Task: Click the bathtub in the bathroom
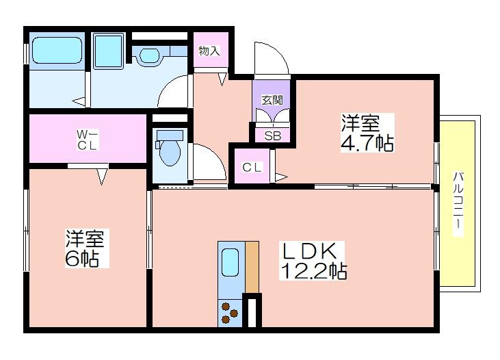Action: (57, 51)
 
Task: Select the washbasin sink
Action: (149, 55)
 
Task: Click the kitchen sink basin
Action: (231, 262)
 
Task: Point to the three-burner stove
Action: (231, 313)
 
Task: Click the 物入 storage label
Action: (209, 51)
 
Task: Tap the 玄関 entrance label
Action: (272, 100)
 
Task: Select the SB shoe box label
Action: (273, 136)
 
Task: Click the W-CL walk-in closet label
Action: (87, 140)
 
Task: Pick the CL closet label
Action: (252, 167)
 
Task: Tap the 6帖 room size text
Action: (81, 259)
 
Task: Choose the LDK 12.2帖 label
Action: (313, 261)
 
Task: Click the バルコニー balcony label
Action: (458, 204)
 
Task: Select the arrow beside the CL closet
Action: (281, 177)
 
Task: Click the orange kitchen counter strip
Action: (252, 267)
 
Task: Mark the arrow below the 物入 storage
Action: (222, 79)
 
